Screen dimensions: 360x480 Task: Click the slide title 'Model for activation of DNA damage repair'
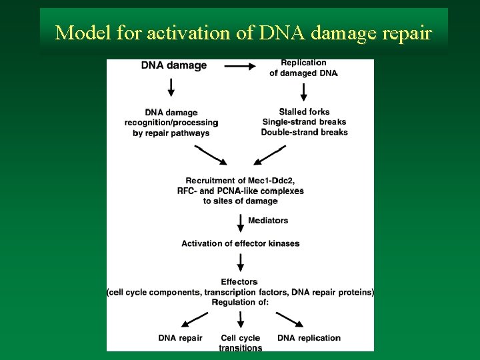click(x=244, y=32)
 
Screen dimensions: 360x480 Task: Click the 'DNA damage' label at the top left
click(x=174, y=65)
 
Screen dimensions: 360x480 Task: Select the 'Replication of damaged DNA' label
click(x=303, y=68)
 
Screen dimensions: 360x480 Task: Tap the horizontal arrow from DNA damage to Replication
click(x=241, y=66)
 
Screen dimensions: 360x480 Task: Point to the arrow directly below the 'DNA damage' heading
click(x=171, y=87)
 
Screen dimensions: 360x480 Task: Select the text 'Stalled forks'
click(x=304, y=111)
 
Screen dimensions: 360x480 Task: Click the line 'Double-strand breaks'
click(x=304, y=132)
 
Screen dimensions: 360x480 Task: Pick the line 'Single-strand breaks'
click(x=304, y=122)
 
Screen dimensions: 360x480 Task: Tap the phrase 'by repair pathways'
click(x=171, y=133)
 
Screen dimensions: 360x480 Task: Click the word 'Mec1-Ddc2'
click(x=271, y=181)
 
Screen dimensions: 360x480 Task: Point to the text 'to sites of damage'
click(x=240, y=201)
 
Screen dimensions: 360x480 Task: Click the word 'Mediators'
click(x=268, y=220)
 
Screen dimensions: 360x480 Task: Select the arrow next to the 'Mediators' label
click(x=240, y=220)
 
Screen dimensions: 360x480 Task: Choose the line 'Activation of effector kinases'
click(x=240, y=243)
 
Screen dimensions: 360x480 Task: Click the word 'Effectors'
click(x=239, y=282)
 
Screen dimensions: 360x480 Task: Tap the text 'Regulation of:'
click(x=240, y=302)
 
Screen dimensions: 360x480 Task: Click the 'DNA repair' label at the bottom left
click(x=180, y=338)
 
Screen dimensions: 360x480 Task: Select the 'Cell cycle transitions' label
click(x=241, y=343)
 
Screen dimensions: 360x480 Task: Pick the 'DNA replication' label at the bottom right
click(x=309, y=338)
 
